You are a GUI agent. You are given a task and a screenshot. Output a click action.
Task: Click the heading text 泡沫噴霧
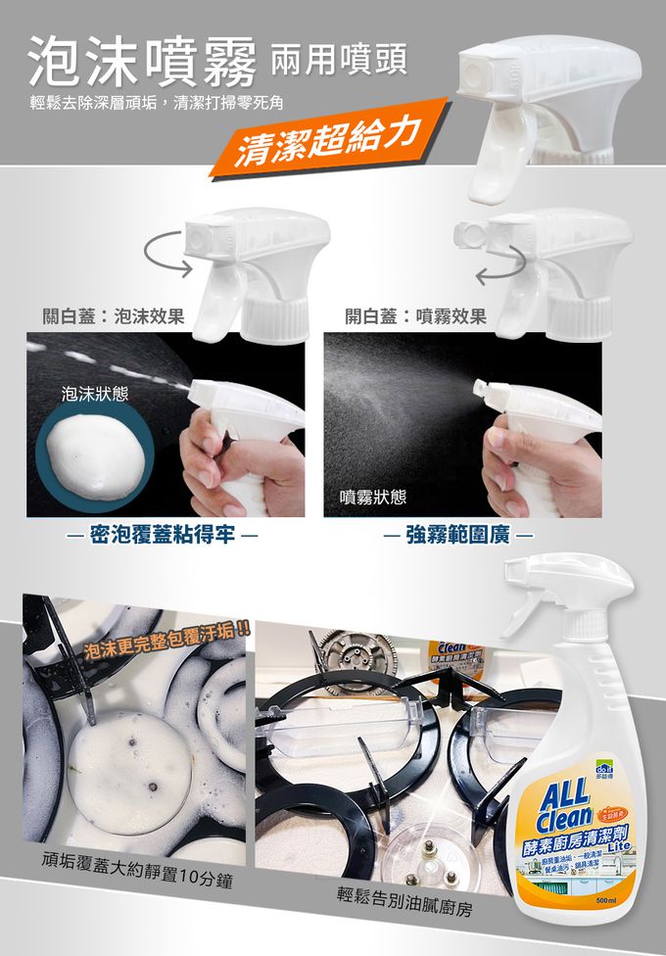[143, 61]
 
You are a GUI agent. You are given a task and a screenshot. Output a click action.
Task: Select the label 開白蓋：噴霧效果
[416, 316]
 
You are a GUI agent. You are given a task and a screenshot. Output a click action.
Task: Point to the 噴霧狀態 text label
[372, 497]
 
